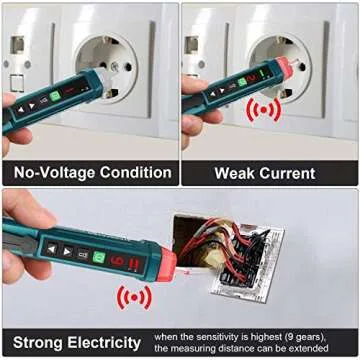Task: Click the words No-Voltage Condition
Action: [x=89, y=172]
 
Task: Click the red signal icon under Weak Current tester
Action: [x=264, y=108]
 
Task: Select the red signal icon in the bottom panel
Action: [x=133, y=297]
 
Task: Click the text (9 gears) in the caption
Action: [x=312, y=336]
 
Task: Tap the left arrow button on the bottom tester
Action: [x=52, y=246]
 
